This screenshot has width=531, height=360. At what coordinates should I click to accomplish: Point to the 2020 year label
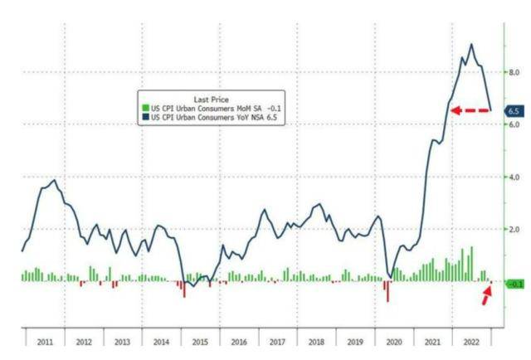(x=392, y=340)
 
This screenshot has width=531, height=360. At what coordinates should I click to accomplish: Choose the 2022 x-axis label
(x=470, y=340)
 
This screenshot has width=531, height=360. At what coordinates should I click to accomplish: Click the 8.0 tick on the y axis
(x=514, y=73)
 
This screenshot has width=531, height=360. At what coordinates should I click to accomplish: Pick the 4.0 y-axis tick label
(x=514, y=178)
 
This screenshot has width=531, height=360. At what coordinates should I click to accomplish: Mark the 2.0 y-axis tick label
(x=514, y=229)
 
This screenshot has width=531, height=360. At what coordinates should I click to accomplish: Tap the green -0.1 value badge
(x=514, y=284)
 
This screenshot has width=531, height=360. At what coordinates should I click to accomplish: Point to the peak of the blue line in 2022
(x=472, y=44)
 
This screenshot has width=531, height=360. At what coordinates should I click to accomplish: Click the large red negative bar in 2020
(x=387, y=291)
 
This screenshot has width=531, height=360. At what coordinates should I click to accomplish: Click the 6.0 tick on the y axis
(x=514, y=125)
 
